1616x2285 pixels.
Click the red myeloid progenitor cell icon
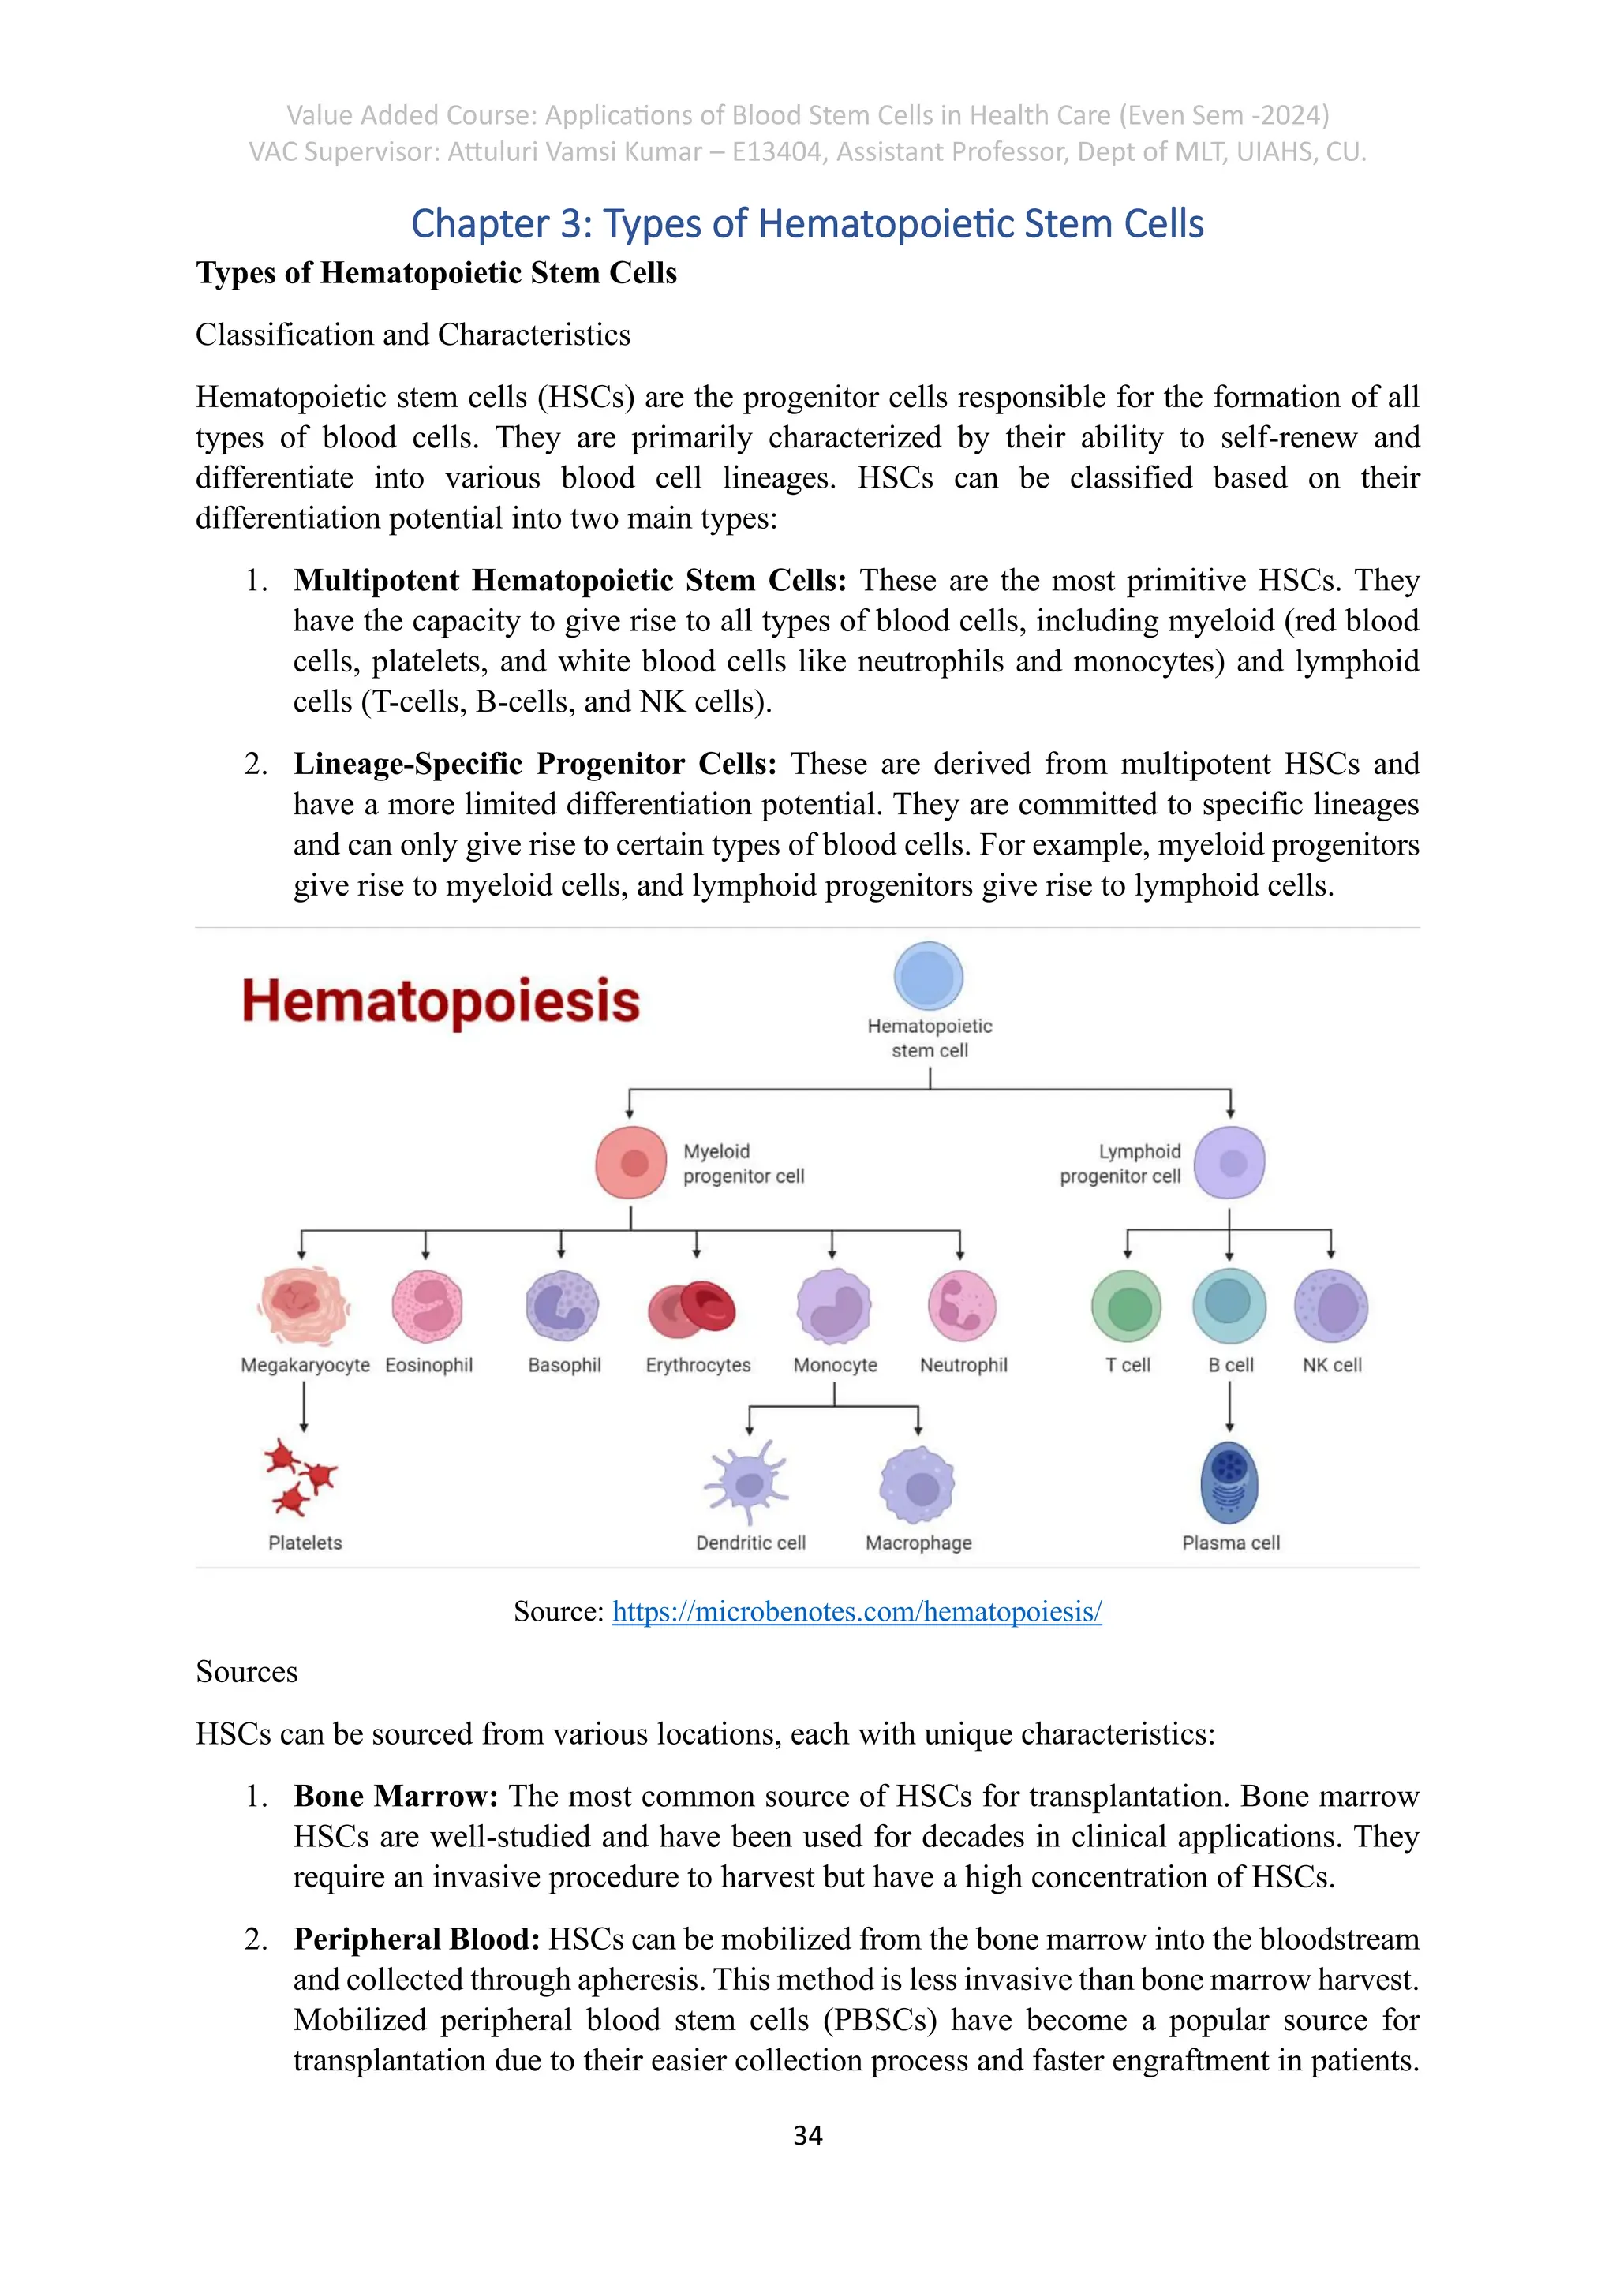tap(631, 1162)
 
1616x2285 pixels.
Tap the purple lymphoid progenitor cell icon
tap(1230, 1162)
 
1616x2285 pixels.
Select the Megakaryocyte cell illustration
tap(304, 1306)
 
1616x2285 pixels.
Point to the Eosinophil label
tap(429, 1366)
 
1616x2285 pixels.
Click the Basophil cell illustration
tap(563, 1306)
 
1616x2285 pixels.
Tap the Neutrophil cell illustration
tap(961, 1306)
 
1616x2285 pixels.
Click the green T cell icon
tap(1127, 1307)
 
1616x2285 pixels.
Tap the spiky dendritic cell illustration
tap(747, 1483)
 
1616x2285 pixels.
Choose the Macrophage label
tap(918, 1543)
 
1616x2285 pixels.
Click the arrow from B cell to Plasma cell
tap(1230, 1406)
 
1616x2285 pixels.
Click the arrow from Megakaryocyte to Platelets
tap(304, 1406)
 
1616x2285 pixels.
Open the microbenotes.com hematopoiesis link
tap(857, 1612)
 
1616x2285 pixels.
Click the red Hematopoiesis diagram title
tap(441, 1001)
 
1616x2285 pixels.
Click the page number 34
tap(807, 2136)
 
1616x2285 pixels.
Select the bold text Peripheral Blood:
tap(417, 1939)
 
